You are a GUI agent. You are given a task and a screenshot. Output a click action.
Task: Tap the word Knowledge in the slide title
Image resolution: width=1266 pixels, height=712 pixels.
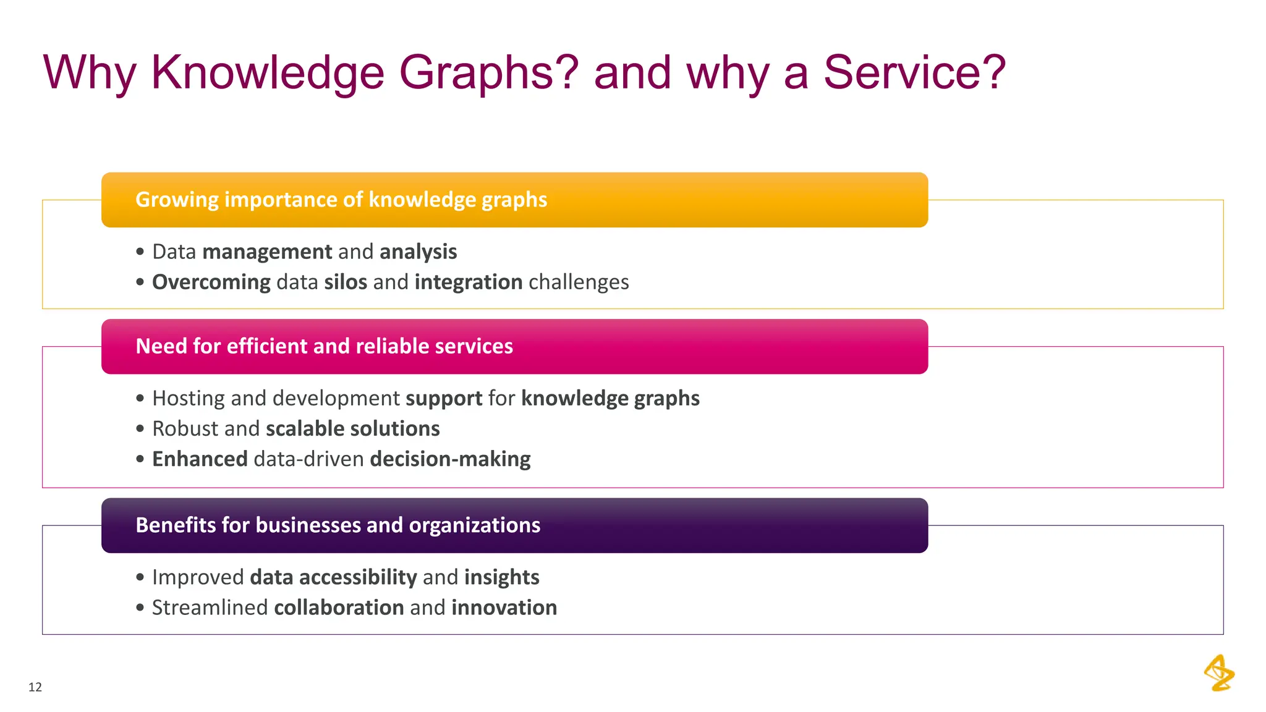tap(268, 73)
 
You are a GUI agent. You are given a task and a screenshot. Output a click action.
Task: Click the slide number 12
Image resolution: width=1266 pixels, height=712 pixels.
tap(35, 687)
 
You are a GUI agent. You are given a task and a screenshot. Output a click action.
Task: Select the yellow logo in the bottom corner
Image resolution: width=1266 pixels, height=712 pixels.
tap(1219, 673)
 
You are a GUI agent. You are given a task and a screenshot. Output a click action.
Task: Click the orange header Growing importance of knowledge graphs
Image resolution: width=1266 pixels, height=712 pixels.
tap(341, 200)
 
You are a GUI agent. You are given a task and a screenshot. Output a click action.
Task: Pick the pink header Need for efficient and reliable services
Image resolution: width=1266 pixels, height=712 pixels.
tap(324, 346)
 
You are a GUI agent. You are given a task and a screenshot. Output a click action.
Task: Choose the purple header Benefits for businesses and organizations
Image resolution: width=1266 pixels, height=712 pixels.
tap(338, 525)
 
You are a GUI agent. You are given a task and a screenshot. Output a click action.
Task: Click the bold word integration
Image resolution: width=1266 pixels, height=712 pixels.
tap(469, 282)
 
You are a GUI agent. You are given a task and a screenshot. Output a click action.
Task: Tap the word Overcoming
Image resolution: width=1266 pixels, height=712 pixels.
tap(211, 282)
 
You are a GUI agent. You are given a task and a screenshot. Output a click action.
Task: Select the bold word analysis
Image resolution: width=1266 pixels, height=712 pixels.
tap(418, 252)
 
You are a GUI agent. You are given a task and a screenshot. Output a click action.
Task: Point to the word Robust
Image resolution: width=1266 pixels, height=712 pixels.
tap(184, 429)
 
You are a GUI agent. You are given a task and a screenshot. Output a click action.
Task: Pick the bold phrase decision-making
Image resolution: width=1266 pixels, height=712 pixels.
tap(450, 459)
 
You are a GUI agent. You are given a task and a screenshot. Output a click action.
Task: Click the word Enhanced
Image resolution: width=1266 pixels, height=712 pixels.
tap(200, 459)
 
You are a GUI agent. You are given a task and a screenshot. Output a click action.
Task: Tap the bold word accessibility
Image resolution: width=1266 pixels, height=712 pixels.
tap(358, 577)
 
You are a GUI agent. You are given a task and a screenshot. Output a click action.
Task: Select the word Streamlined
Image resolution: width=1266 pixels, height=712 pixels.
tap(210, 608)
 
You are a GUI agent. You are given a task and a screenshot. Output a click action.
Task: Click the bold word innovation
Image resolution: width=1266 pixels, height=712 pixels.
tap(504, 608)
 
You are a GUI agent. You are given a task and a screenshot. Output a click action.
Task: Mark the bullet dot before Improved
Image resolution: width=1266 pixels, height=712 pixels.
tap(140, 577)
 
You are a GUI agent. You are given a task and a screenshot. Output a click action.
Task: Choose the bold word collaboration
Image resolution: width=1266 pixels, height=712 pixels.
tap(339, 608)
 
